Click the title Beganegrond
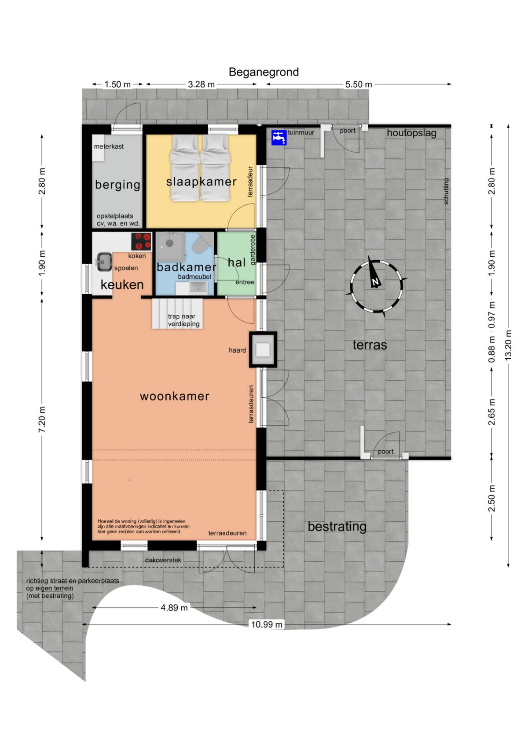264,72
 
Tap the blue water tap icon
279,138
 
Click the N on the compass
376,282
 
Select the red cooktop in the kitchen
141,241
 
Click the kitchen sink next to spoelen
104,262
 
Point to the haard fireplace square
263,349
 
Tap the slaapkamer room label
202,182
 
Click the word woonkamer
175,396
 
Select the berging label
117,185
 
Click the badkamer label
186,267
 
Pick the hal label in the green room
237,262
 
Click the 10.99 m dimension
267,624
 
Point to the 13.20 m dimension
508,345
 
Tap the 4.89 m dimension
174,608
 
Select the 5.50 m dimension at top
358,84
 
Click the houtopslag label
411,133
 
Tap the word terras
370,345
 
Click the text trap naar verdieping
183,320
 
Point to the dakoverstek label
163,560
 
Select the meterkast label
109,146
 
